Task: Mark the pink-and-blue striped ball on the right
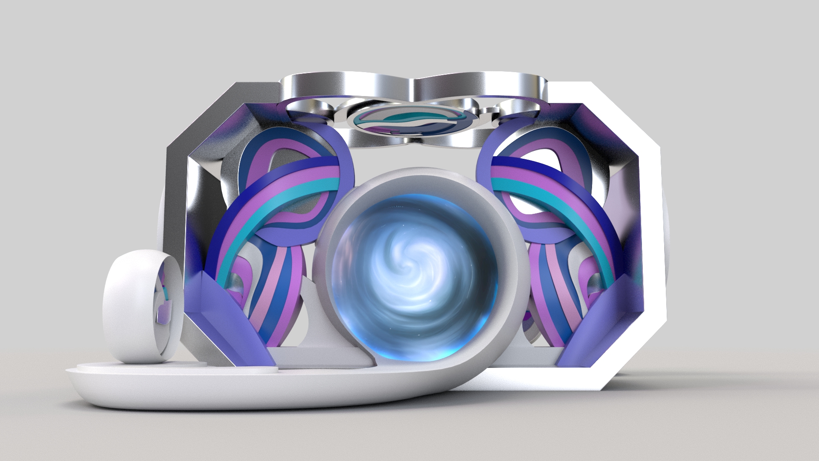click(x=550, y=290)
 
